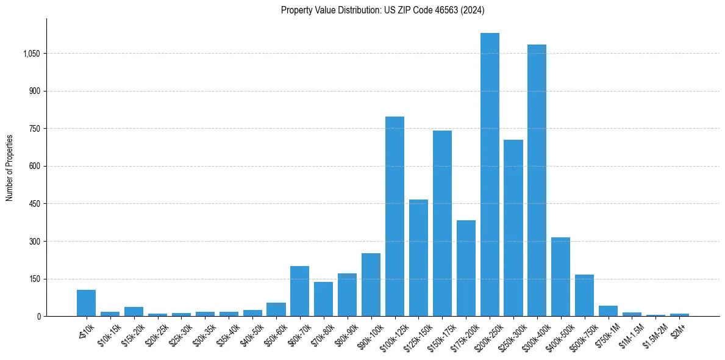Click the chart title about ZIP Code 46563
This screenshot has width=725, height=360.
coord(382,10)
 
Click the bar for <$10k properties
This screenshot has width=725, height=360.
coord(86,303)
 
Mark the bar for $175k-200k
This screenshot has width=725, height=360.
coord(466,268)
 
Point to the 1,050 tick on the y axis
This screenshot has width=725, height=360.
coord(31,54)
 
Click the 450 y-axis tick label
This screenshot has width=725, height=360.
coord(34,204)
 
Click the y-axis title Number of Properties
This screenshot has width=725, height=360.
coord(10,168)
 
